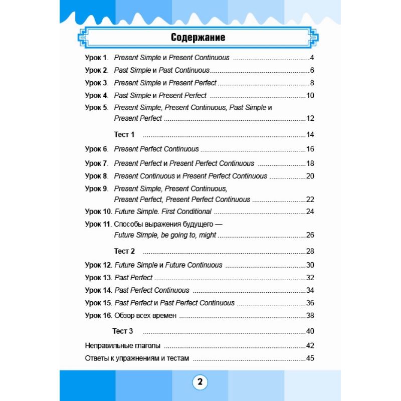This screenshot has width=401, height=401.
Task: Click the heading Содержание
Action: coord(198,38)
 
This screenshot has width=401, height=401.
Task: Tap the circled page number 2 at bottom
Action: coord(199,382)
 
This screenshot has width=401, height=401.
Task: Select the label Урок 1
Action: coord(96,58)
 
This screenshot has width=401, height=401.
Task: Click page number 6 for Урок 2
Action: coord(311,70)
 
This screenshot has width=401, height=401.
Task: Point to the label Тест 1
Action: coord(124,134)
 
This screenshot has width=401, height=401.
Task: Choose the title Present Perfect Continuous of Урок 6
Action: coord(156,149)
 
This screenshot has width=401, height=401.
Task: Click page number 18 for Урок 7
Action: coord(309,163)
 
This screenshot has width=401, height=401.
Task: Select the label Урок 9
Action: coord(96,188)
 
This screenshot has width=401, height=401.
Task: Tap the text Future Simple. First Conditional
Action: coord(163,212)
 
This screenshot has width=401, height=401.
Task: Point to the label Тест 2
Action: coord(124,251)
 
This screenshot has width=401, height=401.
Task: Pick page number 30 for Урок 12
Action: coord(309,265)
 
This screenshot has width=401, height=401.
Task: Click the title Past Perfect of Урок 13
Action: coord(133,278)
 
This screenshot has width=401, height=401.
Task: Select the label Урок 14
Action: coord(98,290)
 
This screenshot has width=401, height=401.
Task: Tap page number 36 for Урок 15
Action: coord(309,303)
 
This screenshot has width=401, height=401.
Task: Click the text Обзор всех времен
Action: coord(145,315)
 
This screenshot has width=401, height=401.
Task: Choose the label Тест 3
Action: coord(123,331)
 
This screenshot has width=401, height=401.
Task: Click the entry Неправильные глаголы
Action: coord(123,346)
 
